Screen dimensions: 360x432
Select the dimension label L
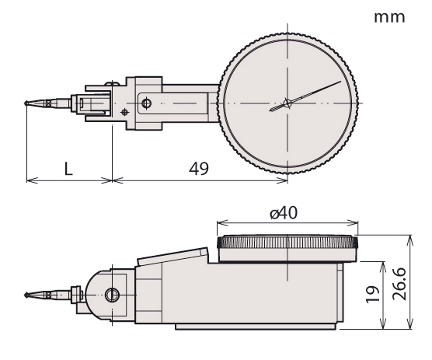(x=68, y=168)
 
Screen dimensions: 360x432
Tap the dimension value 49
(x=198, y=168)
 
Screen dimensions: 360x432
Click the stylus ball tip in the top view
(x=29, y=103)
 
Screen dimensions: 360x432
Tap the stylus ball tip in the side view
(x=29, y=294)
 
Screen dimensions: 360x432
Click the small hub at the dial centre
(x=287, y=103)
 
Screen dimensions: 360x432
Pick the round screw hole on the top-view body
(x=145, y=103)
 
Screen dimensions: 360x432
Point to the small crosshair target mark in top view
(x=124, y=113)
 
